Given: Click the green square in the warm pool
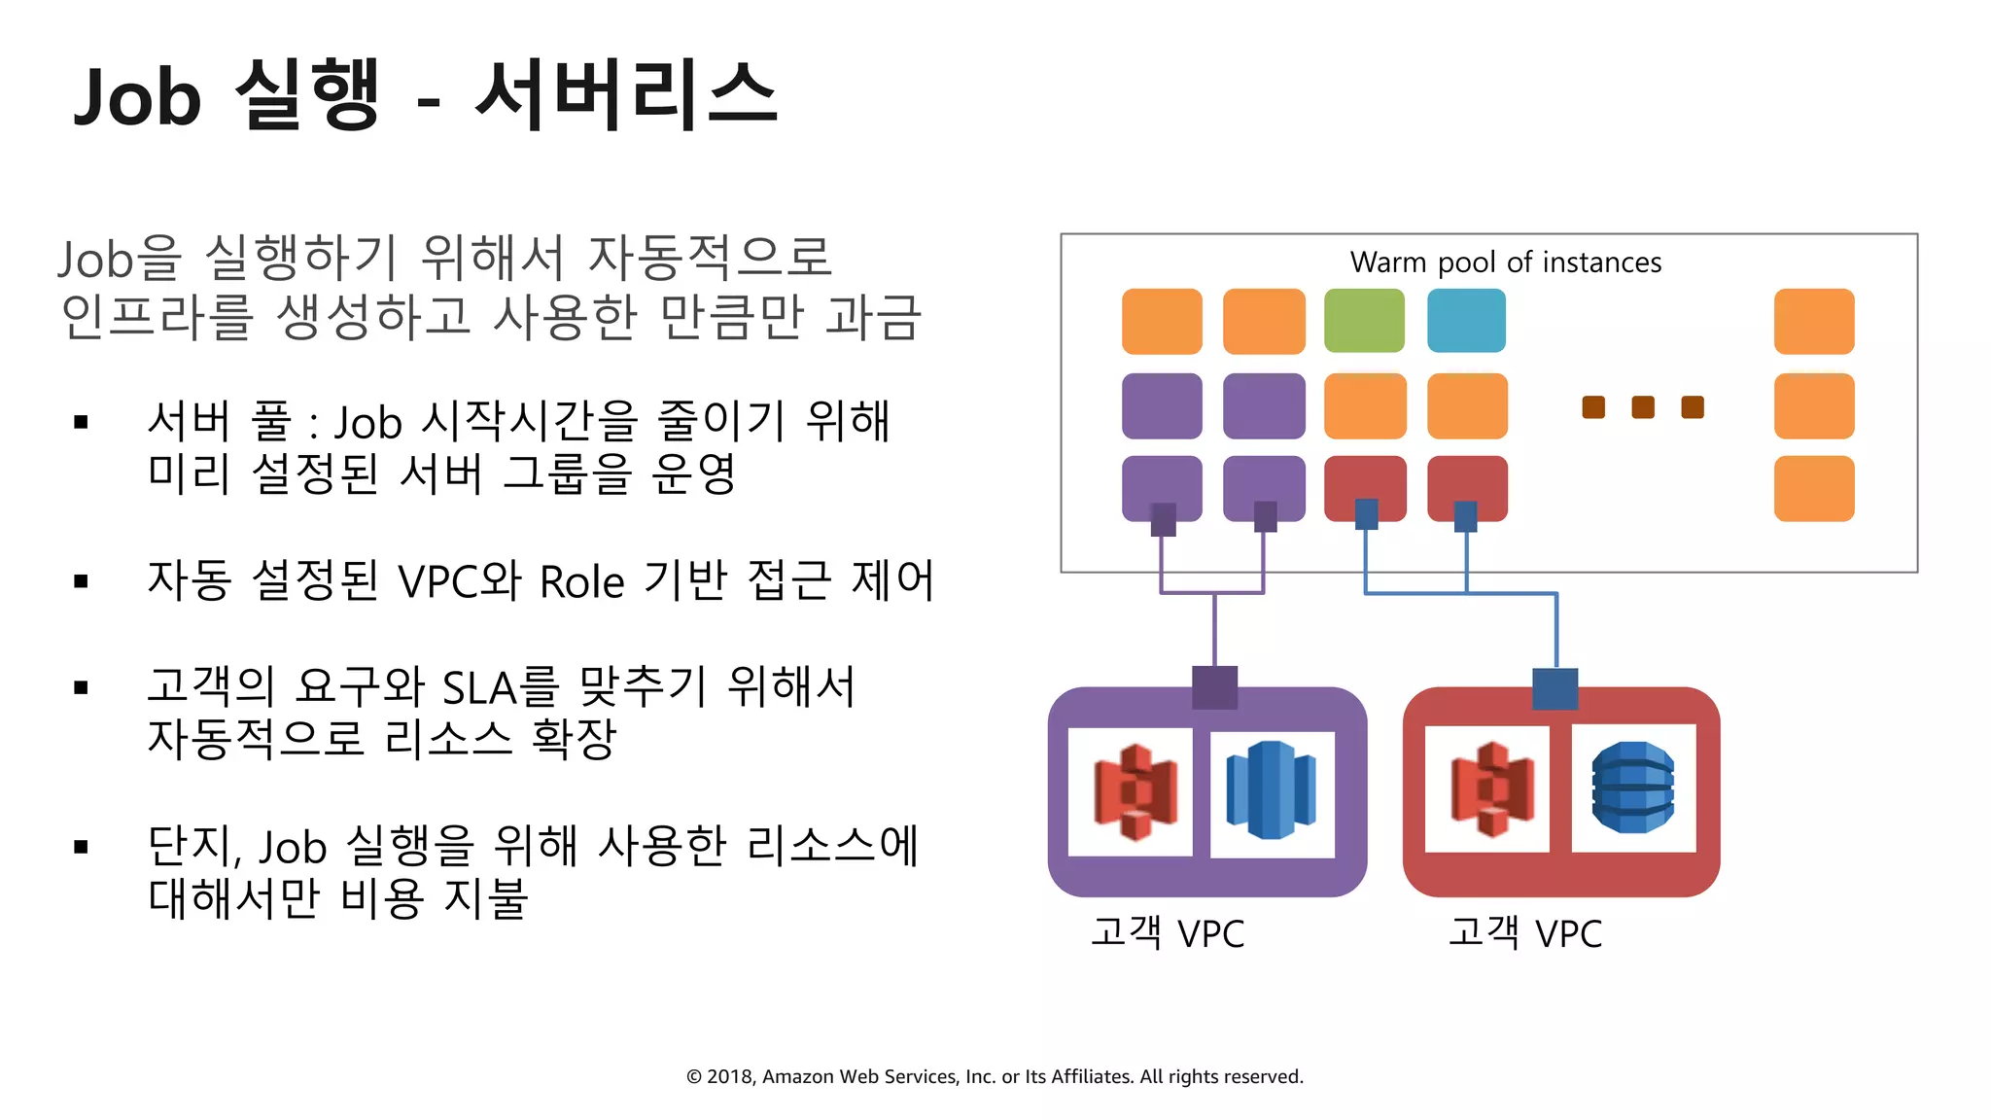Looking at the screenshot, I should pos(1364,321).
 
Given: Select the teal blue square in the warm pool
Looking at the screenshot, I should pos(1466,321).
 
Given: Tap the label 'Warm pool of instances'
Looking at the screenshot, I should pos(1505,262).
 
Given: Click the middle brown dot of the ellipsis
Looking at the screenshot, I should pos(1643,407).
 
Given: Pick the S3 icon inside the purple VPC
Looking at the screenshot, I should pos(1135,791).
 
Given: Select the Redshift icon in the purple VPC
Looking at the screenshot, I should pos(1271,791).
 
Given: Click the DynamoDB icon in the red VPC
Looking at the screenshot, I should pos(1633,788).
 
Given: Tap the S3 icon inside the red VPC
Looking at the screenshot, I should pos(1491,788).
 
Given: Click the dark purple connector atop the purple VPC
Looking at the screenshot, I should pos(1214,687).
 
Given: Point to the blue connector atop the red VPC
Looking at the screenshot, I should pos(1554,688).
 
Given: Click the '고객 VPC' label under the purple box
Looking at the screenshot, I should pos(1167,933).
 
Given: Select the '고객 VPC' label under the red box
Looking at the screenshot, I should pos(1524,933).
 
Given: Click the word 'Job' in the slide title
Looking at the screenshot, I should pos(137,97).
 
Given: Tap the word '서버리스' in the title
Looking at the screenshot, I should pos(626,95).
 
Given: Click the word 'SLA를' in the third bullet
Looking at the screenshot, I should pos(500,687).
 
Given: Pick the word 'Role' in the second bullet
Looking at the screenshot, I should pos(581,582).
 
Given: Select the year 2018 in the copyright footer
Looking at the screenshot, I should pos(731,1076).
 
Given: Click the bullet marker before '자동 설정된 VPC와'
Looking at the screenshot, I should pos(82,581).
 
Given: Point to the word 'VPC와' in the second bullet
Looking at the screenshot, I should pos(460,582).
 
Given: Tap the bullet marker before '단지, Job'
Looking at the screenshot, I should pos(82,847).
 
